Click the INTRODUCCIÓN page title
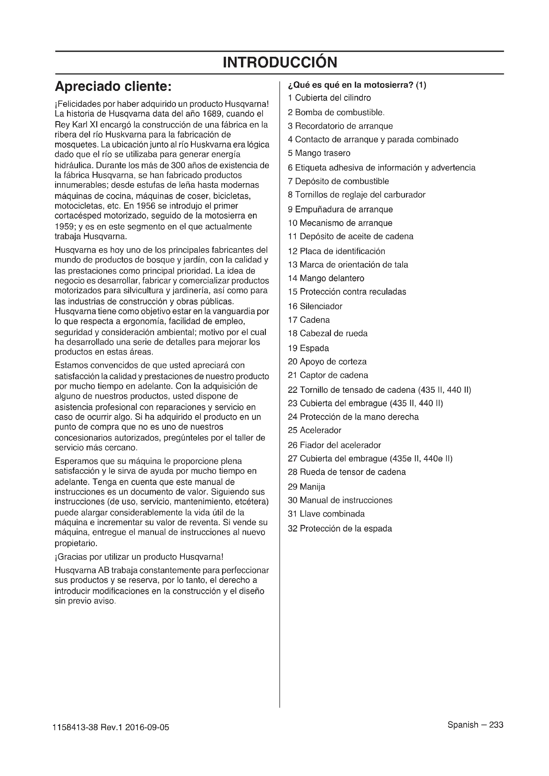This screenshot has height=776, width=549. (279, 62)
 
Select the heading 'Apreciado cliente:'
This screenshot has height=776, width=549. (113, 87)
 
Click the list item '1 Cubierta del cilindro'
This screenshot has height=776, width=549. (329, 98)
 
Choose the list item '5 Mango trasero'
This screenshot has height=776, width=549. (319, 153)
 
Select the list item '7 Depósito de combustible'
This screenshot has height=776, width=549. (338, 181)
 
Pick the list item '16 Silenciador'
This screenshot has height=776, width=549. (315, 306)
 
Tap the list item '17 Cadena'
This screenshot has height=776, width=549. (308, 320)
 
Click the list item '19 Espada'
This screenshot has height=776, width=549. (308, 348)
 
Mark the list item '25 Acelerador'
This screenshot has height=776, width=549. (314, 430)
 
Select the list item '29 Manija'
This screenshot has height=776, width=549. (306, 487)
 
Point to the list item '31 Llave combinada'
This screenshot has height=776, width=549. (326, 514)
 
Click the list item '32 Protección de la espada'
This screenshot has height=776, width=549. (340, 529)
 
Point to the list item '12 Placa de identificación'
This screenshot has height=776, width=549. (336, 251)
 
